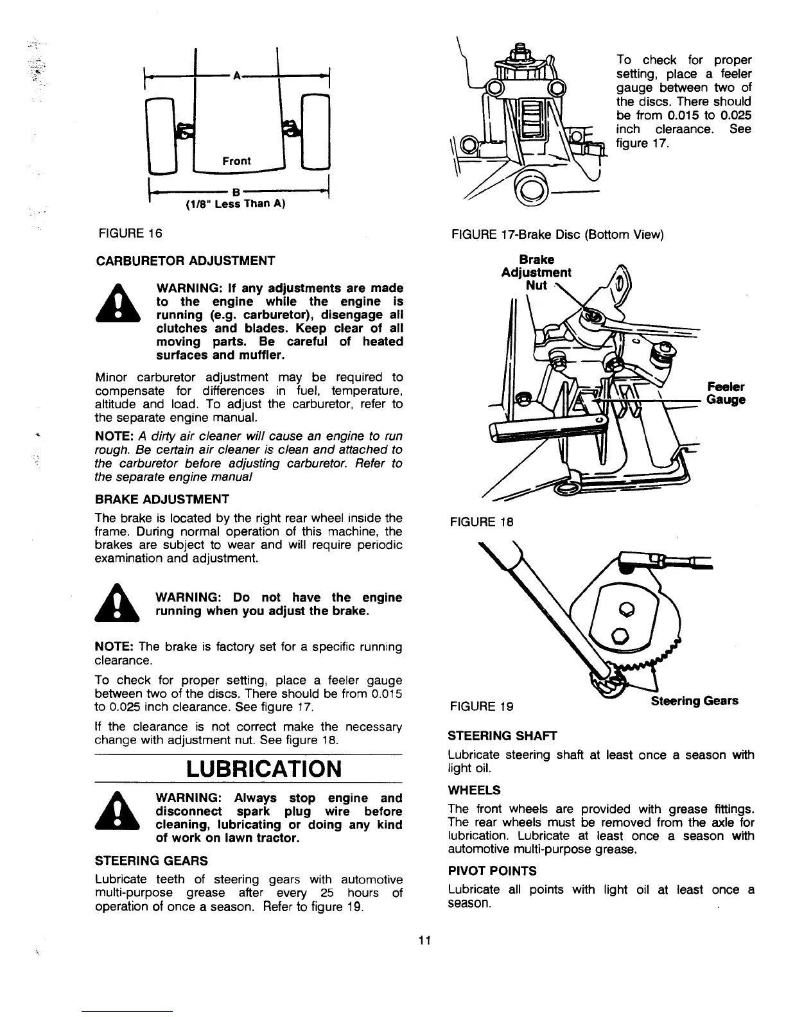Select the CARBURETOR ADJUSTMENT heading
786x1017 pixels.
pos(185,261)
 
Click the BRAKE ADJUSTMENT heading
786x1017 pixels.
pos(162,499)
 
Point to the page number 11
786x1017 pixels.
pos(424,941)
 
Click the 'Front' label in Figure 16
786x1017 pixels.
pos(236,161)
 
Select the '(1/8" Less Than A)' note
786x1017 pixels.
pos(235,204)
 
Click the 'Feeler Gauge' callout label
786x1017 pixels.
pos(726,394)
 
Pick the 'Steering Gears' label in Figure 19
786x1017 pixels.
pos(694,700)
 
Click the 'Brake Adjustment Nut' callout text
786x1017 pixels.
pos(536,272)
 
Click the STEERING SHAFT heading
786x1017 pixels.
pos(493,735)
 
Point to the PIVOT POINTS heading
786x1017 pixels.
pos(492,871)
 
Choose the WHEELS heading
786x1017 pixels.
pos(474,790)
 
